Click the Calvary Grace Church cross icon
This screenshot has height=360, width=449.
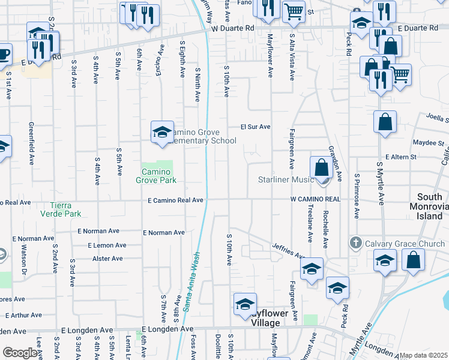point(356,244)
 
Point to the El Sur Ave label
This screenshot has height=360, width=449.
point(256,127)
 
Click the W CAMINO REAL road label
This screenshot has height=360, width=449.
point(315,199)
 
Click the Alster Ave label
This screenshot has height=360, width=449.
point(107,259)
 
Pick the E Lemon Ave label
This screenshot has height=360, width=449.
point(107,245)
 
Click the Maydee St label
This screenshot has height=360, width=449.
point(428,143)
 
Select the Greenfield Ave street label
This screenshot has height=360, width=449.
point(31,144)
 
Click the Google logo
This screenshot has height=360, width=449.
point(19,353)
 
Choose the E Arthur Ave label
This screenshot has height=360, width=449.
point(22,315)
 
